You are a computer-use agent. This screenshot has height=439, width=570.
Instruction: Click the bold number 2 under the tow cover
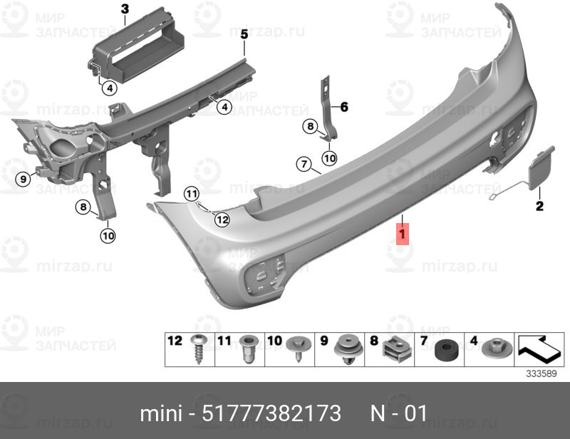pos(539,206)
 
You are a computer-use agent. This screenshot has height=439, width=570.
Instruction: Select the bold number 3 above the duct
pos(125,9)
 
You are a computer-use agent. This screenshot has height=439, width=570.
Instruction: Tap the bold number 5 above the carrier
pos(244,34)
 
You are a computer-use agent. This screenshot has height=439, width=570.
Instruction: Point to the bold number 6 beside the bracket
pos(344,107)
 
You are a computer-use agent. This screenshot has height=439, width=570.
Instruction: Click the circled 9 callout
pos(24,179)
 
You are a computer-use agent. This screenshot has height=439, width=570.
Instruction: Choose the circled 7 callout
pos(304,164)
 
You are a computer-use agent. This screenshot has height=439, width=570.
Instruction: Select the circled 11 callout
pos(192,195)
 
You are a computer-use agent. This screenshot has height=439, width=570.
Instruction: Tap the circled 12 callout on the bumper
pos(222,219)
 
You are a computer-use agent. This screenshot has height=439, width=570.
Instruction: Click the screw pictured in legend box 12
pos(199,348)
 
